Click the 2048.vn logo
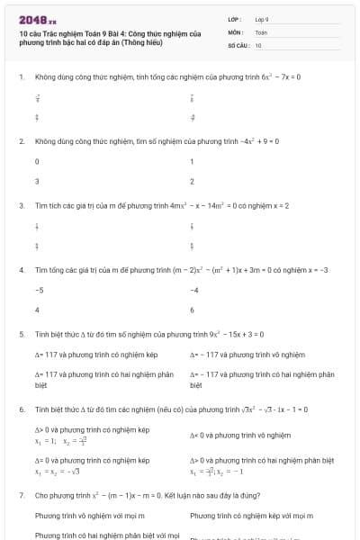37,18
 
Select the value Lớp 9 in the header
262,18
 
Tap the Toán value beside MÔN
261,31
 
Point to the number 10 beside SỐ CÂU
258,45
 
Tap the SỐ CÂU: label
237,45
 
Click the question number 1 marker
21,77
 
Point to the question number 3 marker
21,205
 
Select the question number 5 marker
21,334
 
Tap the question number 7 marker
21,496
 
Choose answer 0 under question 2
37,162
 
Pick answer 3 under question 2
37,181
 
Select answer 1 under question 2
193,162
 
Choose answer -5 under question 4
39,291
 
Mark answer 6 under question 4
193,310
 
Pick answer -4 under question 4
194,291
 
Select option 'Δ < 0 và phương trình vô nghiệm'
240,435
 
